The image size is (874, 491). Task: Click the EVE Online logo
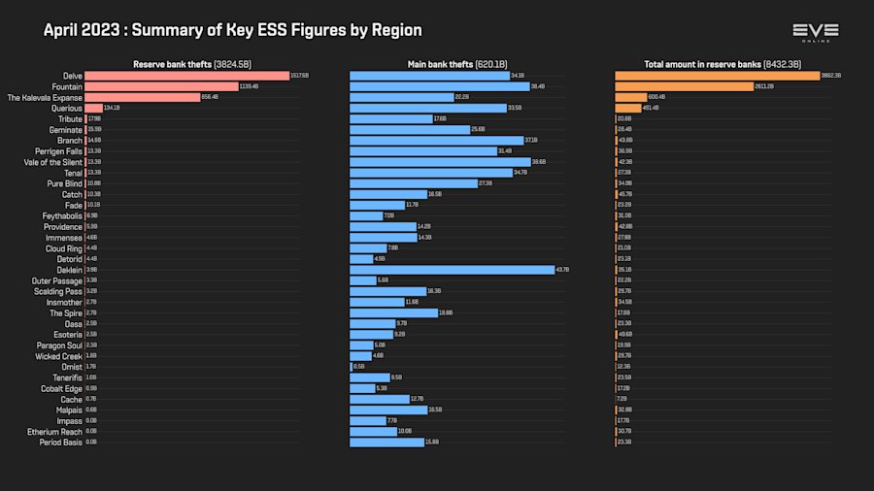click(815, 32)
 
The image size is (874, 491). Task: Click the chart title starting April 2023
click(233, 30)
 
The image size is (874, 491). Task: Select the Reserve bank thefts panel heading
click(191, 64)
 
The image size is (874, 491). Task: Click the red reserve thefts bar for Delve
click(186, 76)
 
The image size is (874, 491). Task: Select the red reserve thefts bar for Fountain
click(161, 86)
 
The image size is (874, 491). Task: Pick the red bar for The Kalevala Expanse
click(142, 97)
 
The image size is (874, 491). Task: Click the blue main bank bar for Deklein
click(452, 270)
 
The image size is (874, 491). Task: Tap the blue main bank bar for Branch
click(436, 141)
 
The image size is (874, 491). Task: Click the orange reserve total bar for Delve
click(717, 76)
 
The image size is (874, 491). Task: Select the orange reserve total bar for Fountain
click(684, 86)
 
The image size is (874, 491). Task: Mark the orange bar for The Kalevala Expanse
click(630, 97)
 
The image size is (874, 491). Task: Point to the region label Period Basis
click(62, 442)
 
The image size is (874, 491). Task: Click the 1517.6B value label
click(301, 76)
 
